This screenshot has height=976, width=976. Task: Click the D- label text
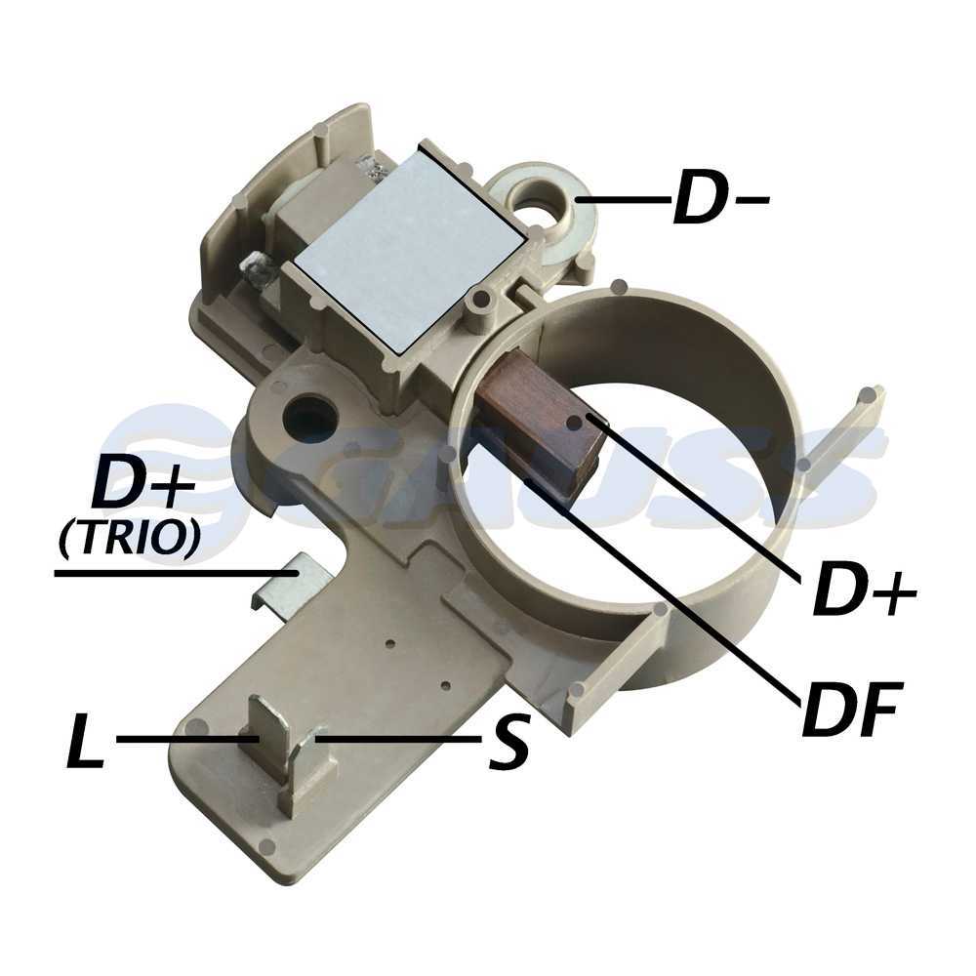point(721,198)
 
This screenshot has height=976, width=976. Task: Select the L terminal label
point(85,741)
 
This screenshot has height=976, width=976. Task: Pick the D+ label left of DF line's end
point(864,590)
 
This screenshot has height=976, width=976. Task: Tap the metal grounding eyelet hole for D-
point(538,198)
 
